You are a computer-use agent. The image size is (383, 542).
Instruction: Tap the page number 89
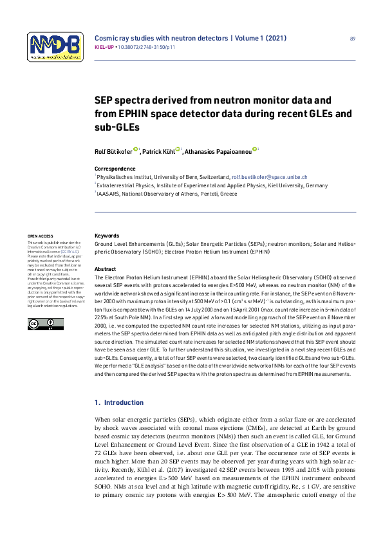coord(352,39)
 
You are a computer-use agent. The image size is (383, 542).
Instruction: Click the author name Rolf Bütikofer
coord(113,151)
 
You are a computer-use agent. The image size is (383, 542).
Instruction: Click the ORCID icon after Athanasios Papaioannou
coord(255,150)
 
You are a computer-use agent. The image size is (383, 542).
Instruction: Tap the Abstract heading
coord(105,268)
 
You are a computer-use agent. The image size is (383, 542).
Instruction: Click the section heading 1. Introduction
coord(119,403)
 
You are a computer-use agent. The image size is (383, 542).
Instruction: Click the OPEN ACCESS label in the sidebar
coord(39,236)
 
